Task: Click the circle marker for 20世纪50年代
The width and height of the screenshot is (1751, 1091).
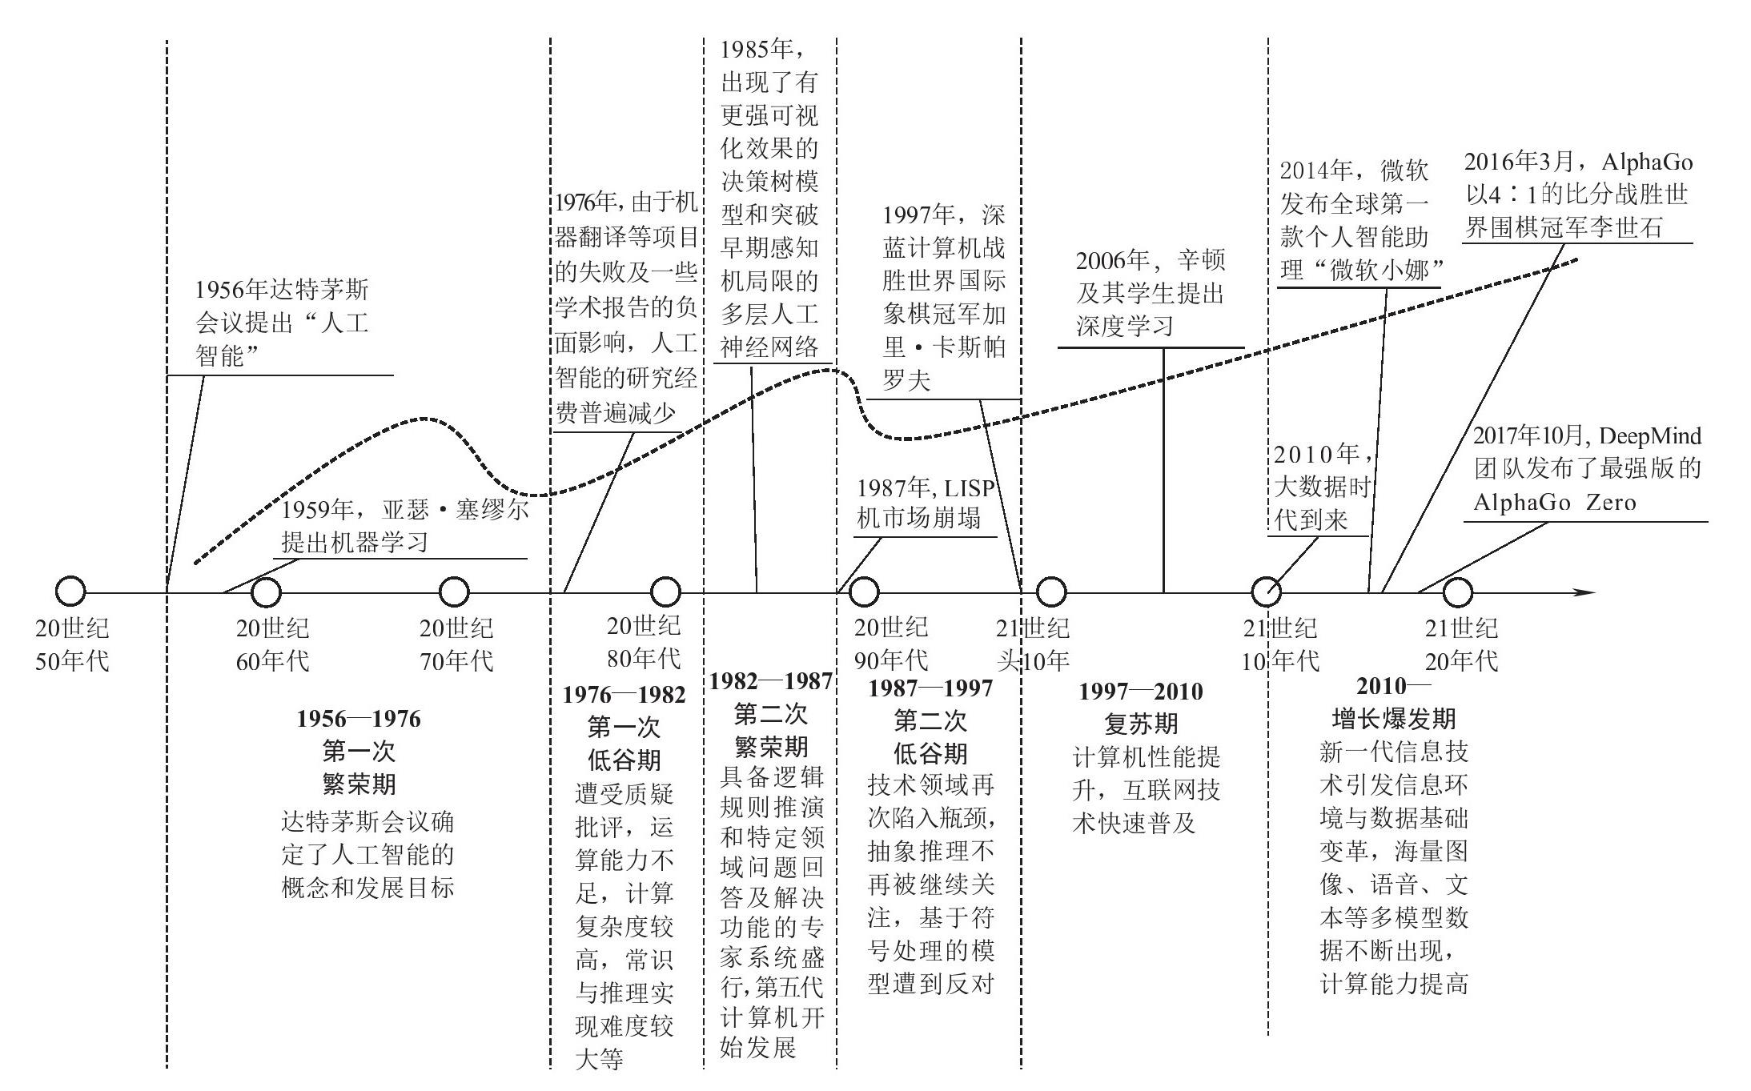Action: coord(70,592)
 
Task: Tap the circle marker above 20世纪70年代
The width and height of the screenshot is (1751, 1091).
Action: coord(455,592)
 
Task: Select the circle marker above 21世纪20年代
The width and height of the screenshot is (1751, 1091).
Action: coord(1457,592)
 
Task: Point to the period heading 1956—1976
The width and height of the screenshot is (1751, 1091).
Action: coord(359,718)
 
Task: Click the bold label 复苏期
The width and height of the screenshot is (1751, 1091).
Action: coord(1141,724)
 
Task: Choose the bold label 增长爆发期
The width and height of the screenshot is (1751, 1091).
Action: coord(1393,718)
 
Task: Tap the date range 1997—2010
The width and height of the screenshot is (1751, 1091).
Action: coord(1141,691)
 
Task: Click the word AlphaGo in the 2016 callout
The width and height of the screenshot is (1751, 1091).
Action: coord(1647,162)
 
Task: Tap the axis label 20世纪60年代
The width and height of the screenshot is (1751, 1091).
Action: coord(272,644)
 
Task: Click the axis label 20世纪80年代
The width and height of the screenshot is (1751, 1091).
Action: coord(644,642)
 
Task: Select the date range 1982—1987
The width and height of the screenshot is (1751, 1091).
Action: coord(770,681)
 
